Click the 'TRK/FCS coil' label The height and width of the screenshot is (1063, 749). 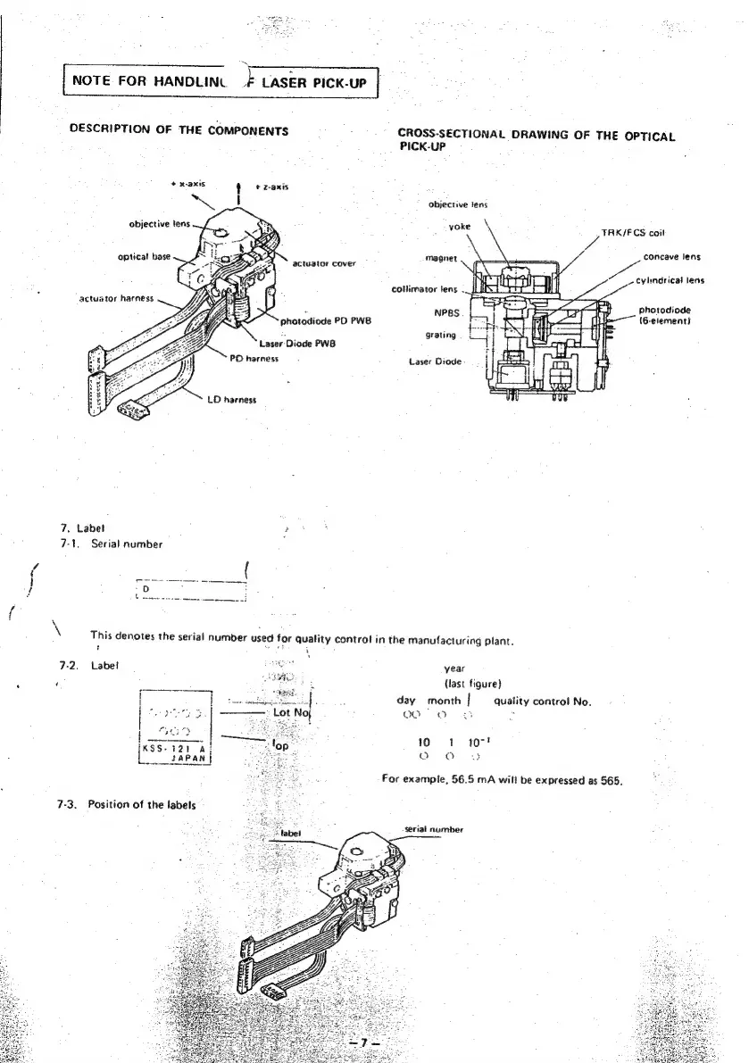pyautogui.click(x=634, y=234)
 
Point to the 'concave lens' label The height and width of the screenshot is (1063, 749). pyautogui.click(x=671, y=257)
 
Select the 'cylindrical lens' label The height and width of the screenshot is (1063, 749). pyautogui.click(x=670, y=280)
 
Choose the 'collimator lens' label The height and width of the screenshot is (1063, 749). pyautogui.click(x=425, y=288)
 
